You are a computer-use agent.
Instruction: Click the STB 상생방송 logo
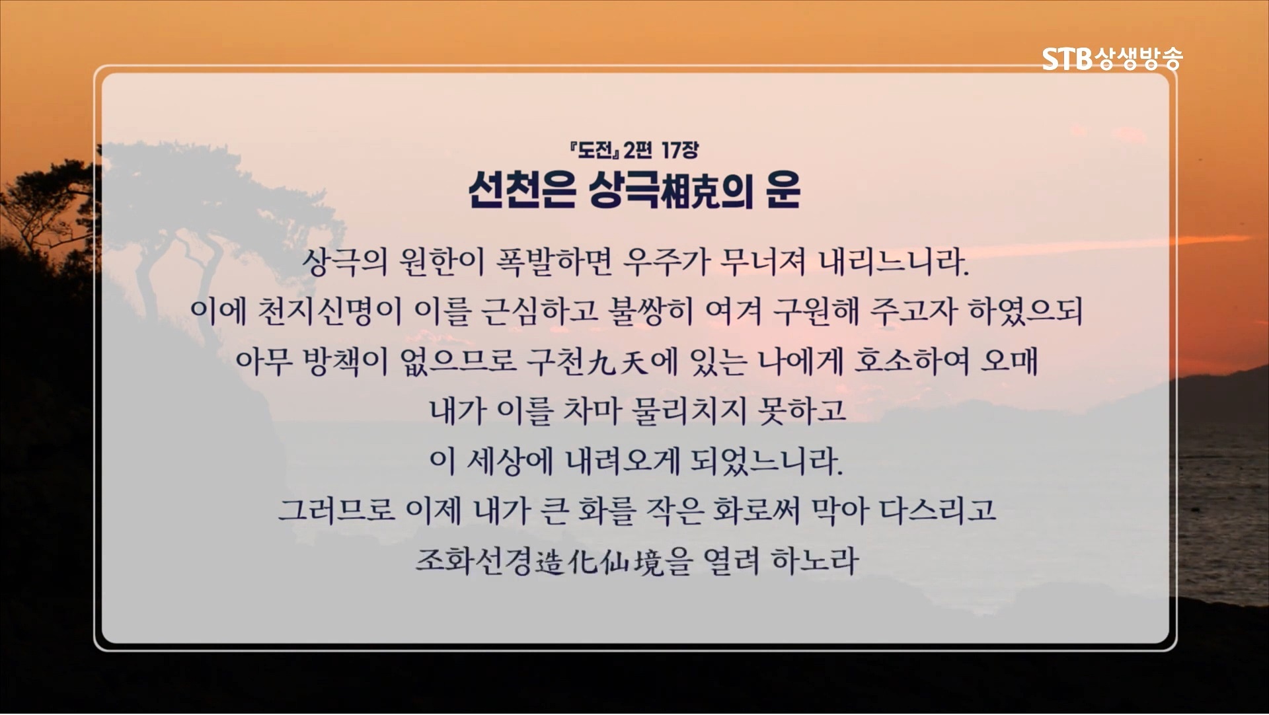(1112, 58)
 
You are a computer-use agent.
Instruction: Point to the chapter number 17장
(679, 151)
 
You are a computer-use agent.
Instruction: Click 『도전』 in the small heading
(597, 151)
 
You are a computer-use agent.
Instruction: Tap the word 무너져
(763, 262)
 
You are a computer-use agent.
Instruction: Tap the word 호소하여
(911, 361)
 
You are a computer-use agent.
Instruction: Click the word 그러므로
(336, 510)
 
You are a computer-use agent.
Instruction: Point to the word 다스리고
(937, 510)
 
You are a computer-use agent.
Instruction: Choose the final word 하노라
(815, 560)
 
